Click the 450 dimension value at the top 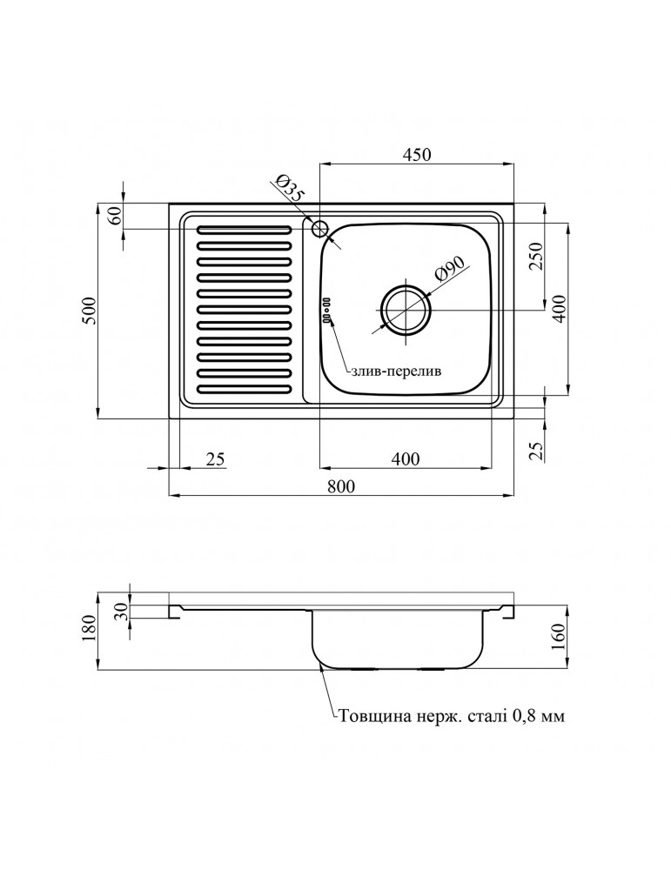tap(416, 154)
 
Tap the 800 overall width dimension tap(342, 487)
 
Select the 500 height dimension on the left tap(86, 310)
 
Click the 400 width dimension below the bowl tap(405, 458)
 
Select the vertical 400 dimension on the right tap(560, 309)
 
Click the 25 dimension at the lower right tap(536, 449)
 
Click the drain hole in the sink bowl tap(405, 311)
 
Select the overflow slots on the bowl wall tap(327, 311)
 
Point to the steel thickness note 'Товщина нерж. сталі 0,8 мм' tap(452, 718)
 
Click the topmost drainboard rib tap(244, 231)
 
